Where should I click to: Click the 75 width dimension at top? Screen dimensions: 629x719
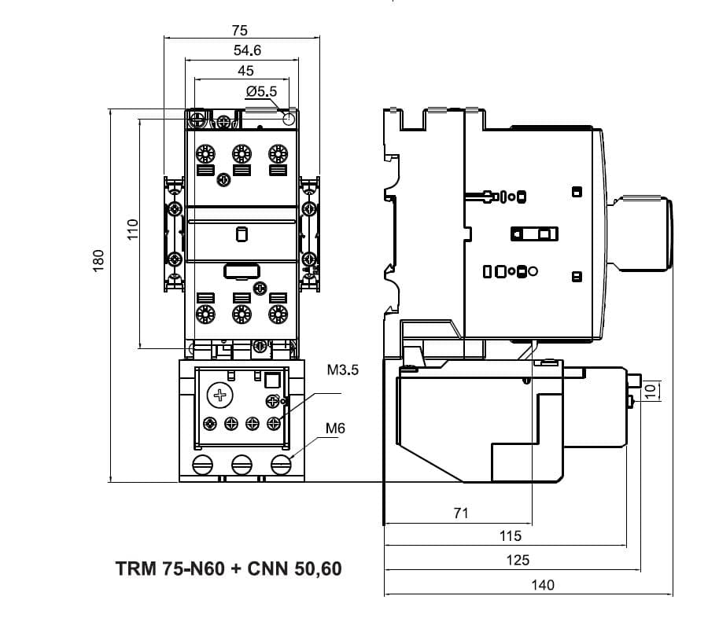point(240,31)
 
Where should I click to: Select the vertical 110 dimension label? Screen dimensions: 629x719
point(133,230)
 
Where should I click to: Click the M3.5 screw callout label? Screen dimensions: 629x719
point(342,370)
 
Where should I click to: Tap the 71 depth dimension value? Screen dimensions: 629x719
point(461,513)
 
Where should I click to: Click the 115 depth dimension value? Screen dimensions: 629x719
point(511,536)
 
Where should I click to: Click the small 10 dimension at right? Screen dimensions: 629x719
point(650,391)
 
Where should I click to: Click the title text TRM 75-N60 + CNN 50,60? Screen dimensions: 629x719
point(229,568)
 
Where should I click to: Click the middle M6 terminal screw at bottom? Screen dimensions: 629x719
point(242,464)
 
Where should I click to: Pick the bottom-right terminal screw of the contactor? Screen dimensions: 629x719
point(277,314)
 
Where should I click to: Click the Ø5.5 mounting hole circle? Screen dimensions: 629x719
point(289,120)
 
